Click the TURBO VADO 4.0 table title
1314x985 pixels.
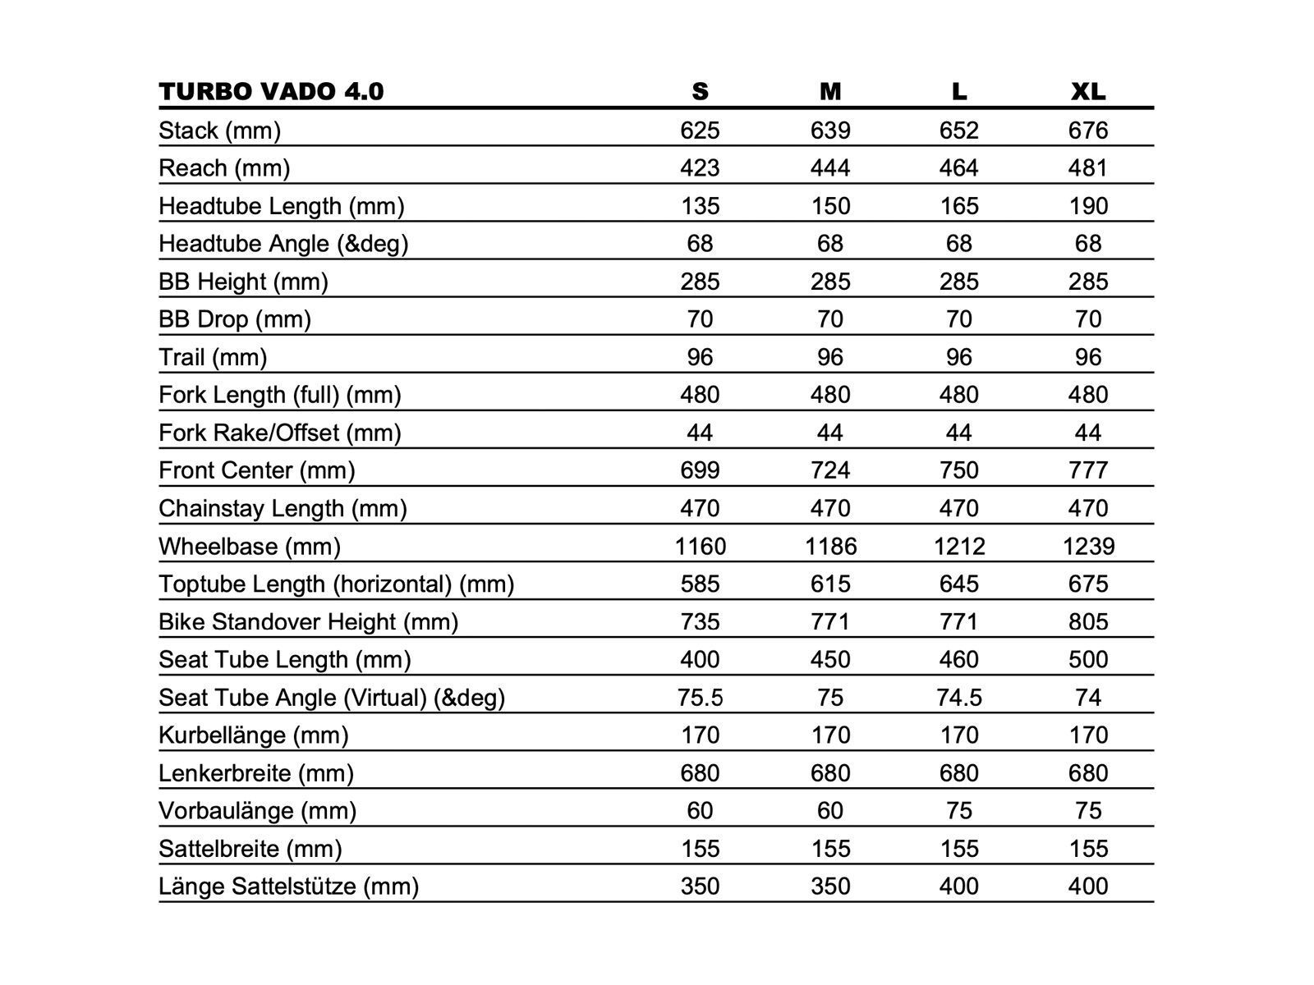tap(271, 91)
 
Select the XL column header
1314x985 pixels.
tap(1088, 91)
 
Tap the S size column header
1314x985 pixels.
tap(700, 91)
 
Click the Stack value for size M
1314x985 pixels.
tap(830, 131)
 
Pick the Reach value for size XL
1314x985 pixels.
tap(1088, 168)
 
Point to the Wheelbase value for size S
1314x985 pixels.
tap(700, 546)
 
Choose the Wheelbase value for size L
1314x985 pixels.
tap(959, 546)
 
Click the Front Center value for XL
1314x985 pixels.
tap(1088, 470)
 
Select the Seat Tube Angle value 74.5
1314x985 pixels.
tap(959, 697)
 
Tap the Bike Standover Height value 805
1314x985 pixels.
tap(1088, 621)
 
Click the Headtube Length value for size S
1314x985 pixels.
tap(700, 206)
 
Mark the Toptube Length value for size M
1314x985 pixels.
tap(830, 584)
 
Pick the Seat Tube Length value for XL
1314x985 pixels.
tap(1088, 659)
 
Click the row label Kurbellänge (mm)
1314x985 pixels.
tap(254, 735)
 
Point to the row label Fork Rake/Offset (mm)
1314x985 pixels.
tap(280, 433)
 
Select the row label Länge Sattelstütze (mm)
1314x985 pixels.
tap(289, 886)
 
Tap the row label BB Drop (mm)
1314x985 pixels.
tap(235, 319)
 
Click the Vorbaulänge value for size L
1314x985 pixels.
tap(959, 811)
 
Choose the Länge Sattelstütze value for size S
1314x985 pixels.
tap(700, 886)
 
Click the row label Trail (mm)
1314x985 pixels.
tap(213, 357)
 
